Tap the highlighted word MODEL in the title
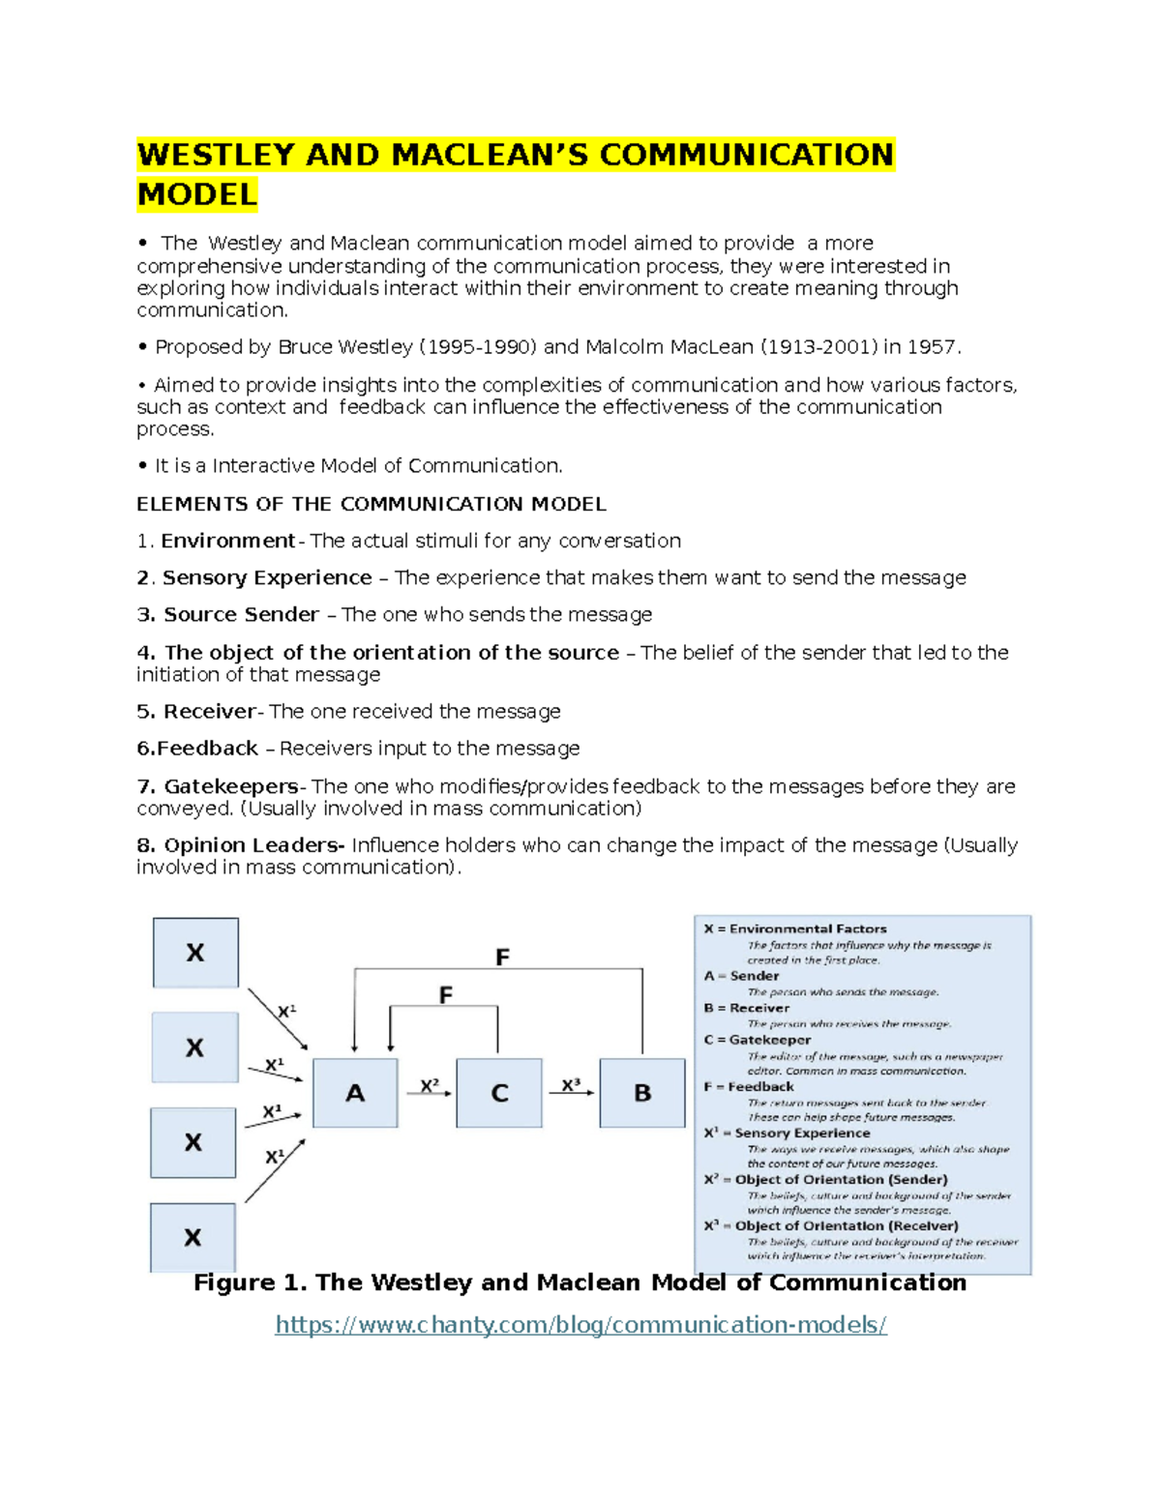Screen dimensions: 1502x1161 pos(197,194)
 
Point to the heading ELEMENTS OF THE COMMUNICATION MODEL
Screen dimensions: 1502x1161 pos(372,504)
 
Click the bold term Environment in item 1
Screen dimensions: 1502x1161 pos(227,541)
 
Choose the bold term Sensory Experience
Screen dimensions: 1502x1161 pos(267,577)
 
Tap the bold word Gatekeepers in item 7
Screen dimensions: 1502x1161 pos(231,786)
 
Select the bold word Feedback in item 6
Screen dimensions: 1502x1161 pos(207,749)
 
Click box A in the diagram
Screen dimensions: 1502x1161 pos(355,1093)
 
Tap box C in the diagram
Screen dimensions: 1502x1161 pos(499,1093)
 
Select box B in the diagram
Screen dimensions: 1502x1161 pos(642,1093)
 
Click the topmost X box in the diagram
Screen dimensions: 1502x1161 pos(195,953)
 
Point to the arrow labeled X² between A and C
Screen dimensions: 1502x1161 pos(431,1094)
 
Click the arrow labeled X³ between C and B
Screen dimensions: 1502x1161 pos(573,1094)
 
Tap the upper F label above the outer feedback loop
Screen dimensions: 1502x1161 pos(502,957)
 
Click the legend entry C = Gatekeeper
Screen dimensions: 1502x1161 pos(758,1040)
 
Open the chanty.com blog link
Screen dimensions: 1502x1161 pos(580,1324)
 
